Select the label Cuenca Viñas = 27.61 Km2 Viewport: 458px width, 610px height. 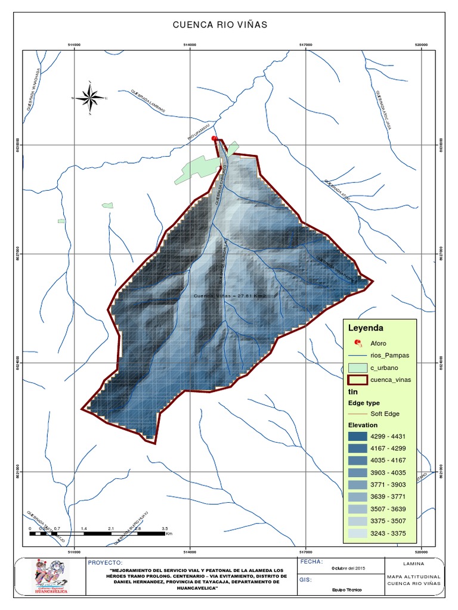[230, 295]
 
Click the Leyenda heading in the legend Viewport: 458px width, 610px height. [365, 328]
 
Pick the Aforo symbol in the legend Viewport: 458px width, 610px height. [358, 343]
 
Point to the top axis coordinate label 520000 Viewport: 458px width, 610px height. [421, 45]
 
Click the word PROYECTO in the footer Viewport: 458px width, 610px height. [105, 562]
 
